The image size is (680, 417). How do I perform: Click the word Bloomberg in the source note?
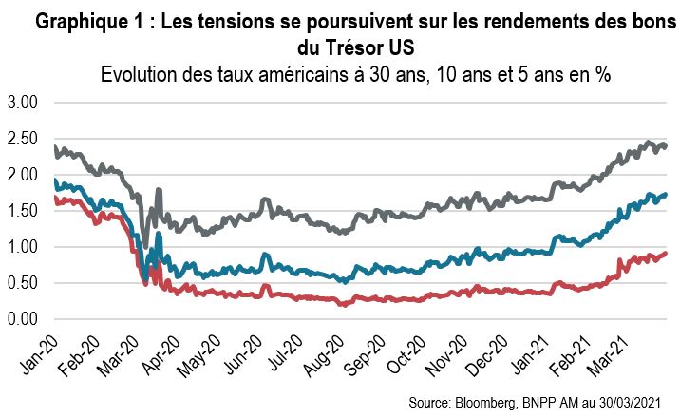(x=502, y=404)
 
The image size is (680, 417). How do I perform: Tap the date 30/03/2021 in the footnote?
(x=636, y=404)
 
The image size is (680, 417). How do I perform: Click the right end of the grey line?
(x=667, y=145)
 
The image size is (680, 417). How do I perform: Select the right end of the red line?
(x=667, y=253)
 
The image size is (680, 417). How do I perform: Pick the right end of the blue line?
(x=667, y=194)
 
